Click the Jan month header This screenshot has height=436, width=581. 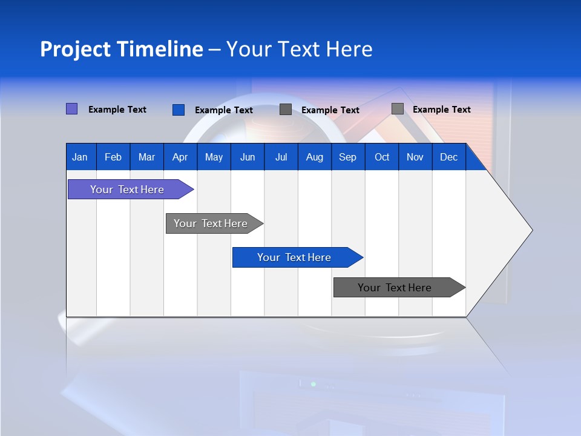[80, 157]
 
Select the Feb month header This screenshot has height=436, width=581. [113, 157]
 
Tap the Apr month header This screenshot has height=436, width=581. [180, 157]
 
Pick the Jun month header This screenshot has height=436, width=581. [248, 157]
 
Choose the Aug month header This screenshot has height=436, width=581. [314, 157]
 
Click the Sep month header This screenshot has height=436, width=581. [347, 157]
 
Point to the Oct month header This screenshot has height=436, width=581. [382, 157]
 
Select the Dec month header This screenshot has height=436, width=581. [448, 157]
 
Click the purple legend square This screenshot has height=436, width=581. [71, 109]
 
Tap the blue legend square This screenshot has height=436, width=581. [179, 110]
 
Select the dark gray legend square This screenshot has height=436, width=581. [286, 110]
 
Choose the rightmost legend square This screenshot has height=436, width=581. [398, 109]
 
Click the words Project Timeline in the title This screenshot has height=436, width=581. [121, 49]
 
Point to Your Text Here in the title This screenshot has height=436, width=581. [300, 49]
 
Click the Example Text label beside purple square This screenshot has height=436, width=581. [117, 110]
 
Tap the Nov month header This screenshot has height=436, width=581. [415, 157]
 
